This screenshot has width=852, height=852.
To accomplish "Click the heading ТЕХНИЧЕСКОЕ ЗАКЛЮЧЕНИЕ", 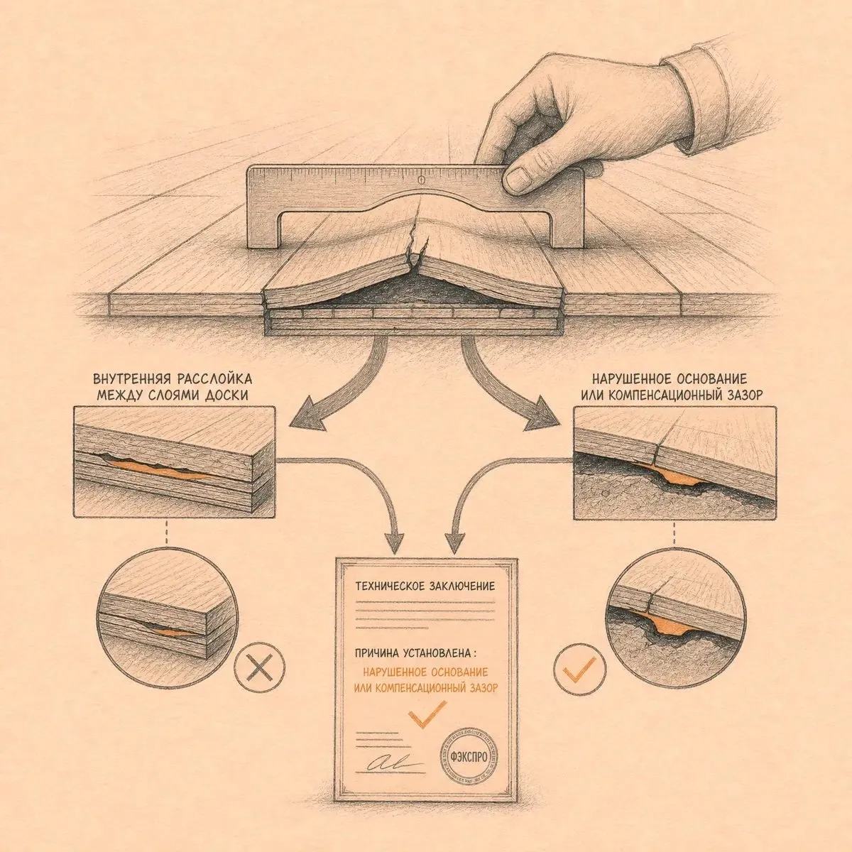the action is pos(425,586).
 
